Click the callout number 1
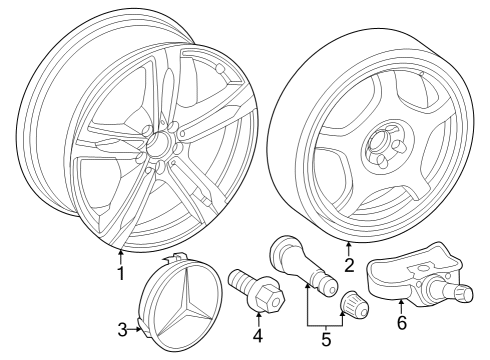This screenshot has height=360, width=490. click(x=121, y=273)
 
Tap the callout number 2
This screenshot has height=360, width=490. click(x=349, y=265)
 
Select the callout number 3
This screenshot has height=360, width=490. click(x=123, y=330)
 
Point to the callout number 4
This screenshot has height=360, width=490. click(x=258, y=336)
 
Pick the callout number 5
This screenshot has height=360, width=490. click(x=326, y=339)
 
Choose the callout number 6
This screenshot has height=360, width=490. click(x=402, y=322)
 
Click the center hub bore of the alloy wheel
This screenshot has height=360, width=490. click(x=159, y=143)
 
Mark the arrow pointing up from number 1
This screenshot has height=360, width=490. click(x=121, y=257)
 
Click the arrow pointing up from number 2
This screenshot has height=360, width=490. click(x=349, y=249)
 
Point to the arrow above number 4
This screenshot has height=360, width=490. click(x=258, y=318)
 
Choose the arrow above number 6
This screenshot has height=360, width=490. click(x=401, y=307)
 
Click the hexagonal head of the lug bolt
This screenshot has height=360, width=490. click(x=269, y=296)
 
